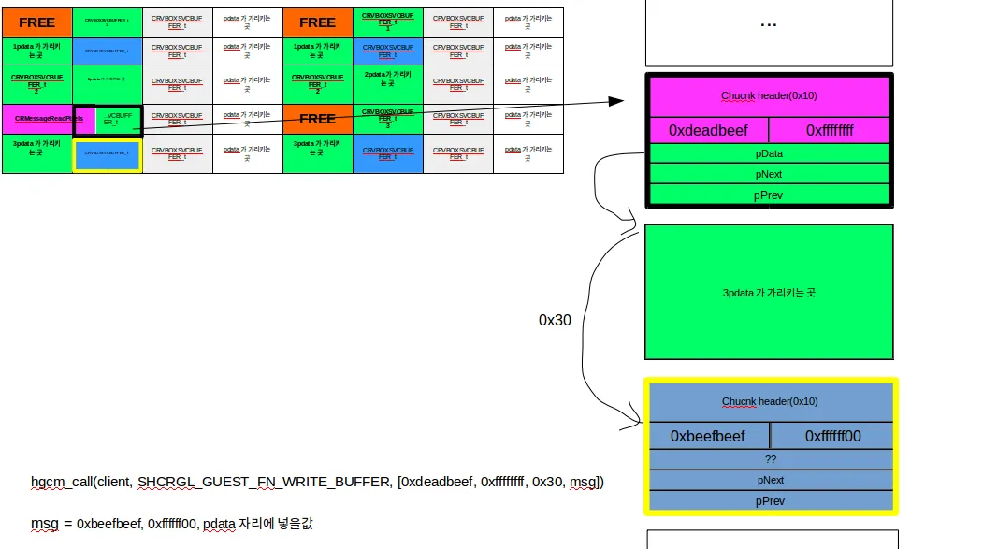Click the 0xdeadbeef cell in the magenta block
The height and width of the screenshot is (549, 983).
pyautogui.click(x=708, y=130)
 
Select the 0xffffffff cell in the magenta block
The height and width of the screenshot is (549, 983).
pyautogui.click(x=829, y=130)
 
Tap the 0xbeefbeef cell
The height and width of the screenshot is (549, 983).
pyautogui.click(x=708, y=436)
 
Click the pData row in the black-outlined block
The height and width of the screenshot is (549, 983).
pyautogui.click(x=768, y=153)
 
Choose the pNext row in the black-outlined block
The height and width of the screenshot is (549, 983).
pyautogui.click(x=768, y=174)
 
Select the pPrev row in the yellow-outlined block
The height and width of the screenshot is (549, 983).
pyautogui.click(x=770, y=500)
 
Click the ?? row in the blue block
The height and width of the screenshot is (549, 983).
pyautogui.click(x=770, y=459)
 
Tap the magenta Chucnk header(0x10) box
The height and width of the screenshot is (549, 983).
pyautogui.click(x=768, y=95)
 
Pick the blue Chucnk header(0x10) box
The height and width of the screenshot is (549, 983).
pyautogui.click(x=770, y=401)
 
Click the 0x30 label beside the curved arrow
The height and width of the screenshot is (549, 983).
pyautogui.click(x=555, y=320)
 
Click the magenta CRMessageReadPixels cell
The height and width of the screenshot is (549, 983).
pyautogui.click(x=37, y=119)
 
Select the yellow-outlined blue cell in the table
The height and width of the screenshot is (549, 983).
pyautogui.click(x=107, y=155)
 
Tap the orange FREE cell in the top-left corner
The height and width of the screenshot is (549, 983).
pyautogui.click(x=36, y=22)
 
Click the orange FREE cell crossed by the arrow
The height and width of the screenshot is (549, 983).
pyautogui.click(x=317, y=119)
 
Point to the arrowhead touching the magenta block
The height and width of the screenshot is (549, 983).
pyautogui.click(x=617, y=99)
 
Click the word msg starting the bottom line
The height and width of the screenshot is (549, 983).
pyautogui.click(x=43, y=523)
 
